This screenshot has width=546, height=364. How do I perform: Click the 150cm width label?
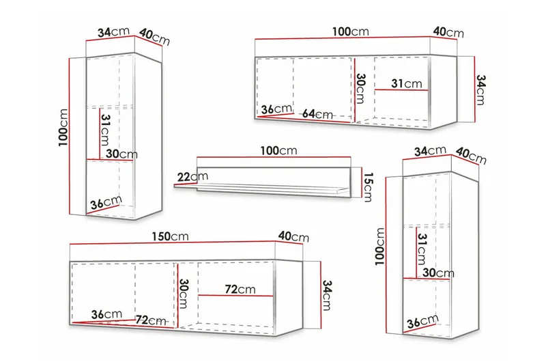tap(170, 236)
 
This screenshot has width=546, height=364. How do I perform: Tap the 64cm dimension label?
tap(317, 113)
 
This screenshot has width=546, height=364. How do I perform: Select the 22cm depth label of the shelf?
tap(192, 177)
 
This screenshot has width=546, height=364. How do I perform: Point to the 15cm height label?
tap(368, 187)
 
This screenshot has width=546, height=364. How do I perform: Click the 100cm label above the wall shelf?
tap(278, 150)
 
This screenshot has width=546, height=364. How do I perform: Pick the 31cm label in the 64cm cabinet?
tap(406, 83)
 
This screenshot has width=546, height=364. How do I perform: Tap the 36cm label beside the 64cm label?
tap(276, 109)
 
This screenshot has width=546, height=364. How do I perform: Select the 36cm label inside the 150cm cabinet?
tap(106, 315)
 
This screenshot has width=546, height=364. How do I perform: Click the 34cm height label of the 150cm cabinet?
tap(327, 296)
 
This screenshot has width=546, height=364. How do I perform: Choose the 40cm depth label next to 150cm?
tap(293, 236)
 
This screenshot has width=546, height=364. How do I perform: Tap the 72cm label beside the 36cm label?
tap(151, 320)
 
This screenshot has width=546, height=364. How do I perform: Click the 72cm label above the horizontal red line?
tap(240, 289)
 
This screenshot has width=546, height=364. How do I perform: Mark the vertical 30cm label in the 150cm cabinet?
tap(183, 294)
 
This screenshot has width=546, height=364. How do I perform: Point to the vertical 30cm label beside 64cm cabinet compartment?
tap(360, 89)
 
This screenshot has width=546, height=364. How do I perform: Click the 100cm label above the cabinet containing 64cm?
tap(350, 31)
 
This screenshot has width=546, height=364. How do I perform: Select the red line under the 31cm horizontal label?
tap(401, 90)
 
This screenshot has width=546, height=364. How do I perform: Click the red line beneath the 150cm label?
tap(186, 243)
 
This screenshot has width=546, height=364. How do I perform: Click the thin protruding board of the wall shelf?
tap(261, 188)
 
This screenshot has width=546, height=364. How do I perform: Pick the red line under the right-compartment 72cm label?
tap(235, 296)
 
